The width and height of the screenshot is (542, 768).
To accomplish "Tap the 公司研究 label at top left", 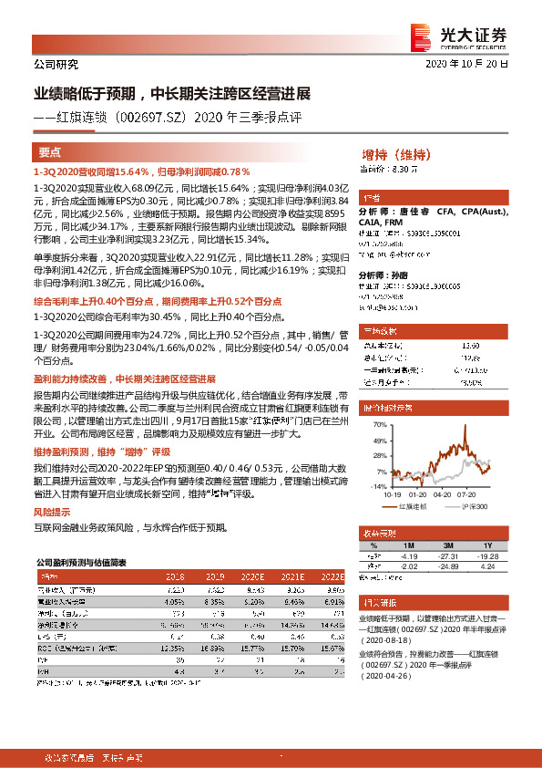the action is click(x=56, y=64).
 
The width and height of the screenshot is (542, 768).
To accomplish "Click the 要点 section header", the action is click(x=50, y=152).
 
